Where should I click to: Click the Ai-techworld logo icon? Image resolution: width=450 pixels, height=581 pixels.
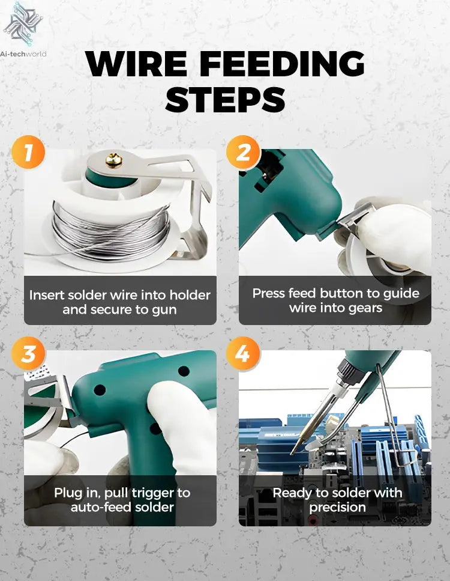[23, 25]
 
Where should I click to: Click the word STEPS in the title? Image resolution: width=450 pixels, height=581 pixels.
[225, 99]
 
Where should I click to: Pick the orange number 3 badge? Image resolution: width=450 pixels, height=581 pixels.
[28, 354]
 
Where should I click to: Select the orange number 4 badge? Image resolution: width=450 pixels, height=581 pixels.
[243, 354]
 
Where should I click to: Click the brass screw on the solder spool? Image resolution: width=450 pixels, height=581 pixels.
[113, 160]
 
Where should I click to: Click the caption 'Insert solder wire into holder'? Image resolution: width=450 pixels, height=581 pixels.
[120, 295]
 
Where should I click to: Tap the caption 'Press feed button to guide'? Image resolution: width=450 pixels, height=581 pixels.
[335, 293]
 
